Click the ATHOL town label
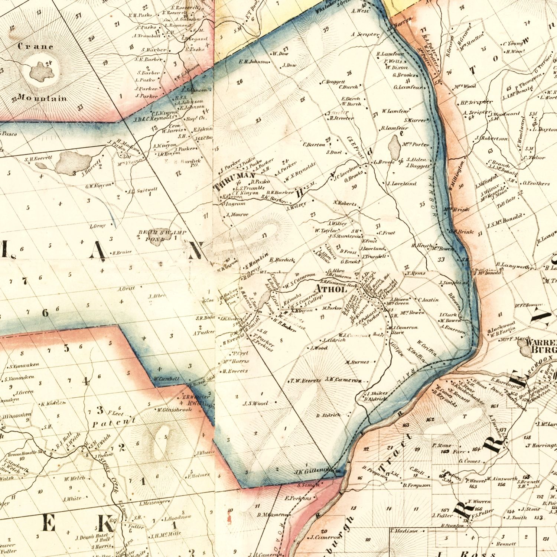[x=330, y=289]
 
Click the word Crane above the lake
[x=36, y=47]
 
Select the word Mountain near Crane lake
[x=42, y=98]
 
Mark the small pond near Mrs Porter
[x=394, y=147]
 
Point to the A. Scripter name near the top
[x=365, y=35]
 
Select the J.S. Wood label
[x=255, y=403]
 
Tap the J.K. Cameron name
[x=343, y=380]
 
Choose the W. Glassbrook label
[x=174, y=410]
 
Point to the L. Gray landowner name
[x=98, y=226]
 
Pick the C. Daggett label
[x=333, y=82]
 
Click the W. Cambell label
[x=167, y=379]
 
